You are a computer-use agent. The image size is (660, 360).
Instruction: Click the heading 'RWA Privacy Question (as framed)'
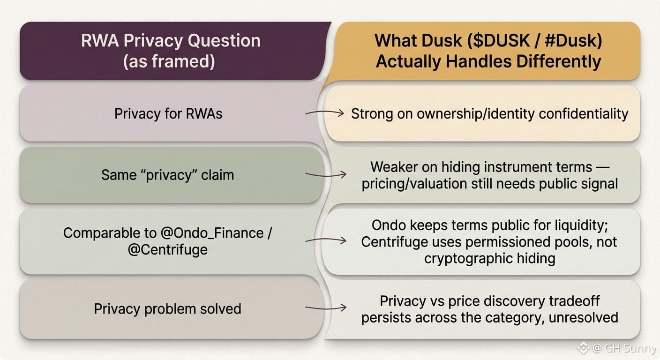[x=171, y=51]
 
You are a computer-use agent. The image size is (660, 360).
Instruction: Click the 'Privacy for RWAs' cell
[x=168, y=114]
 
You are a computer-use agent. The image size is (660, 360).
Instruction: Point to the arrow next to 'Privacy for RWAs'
[x=324, y=113]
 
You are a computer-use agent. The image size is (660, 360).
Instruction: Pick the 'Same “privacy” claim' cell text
[x=168, y=175]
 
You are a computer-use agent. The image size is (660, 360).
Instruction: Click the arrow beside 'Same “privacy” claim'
[x=326, y=175]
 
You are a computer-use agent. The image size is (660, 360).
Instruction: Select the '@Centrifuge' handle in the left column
[x=168, y=250]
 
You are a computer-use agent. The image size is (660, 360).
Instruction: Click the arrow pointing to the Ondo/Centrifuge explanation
[x=326, y=240]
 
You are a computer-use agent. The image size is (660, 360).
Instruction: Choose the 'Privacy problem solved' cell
[x=168, y=309]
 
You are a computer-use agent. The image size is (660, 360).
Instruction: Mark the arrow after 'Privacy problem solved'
[x=326, y=308]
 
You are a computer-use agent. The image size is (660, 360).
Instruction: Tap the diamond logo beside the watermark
[x=583, y=348]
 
